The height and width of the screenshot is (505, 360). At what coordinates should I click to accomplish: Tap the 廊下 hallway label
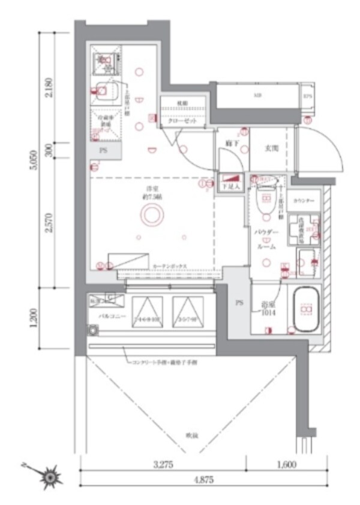pos(230,144)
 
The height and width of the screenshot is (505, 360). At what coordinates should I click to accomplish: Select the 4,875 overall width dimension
pos(202,480)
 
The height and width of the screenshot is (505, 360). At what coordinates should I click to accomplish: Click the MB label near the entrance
pos(257,95)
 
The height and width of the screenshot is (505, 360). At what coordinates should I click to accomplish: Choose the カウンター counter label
pos(304,200)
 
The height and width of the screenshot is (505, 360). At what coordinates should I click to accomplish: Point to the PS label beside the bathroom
pos(238,303)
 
